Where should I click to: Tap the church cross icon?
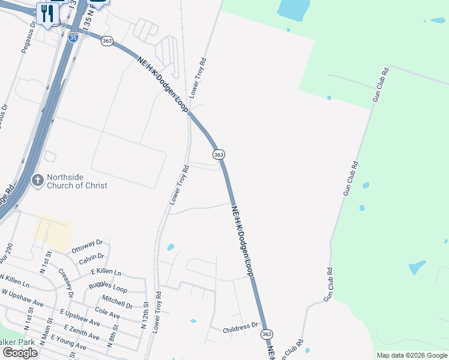[38, 179]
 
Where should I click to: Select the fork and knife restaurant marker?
[47, 13]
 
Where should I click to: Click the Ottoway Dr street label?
[88, 246]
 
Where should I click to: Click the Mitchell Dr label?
[116, 301]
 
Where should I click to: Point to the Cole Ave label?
[107, 313]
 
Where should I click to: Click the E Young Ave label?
[69, 343]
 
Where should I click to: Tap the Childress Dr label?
[240, 329]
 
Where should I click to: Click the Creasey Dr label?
[66, 283]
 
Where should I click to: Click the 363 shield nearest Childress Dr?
[267, 334]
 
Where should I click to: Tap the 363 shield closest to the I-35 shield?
[107, 41]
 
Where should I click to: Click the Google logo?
[20, 353]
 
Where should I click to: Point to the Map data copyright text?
[412, 355]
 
